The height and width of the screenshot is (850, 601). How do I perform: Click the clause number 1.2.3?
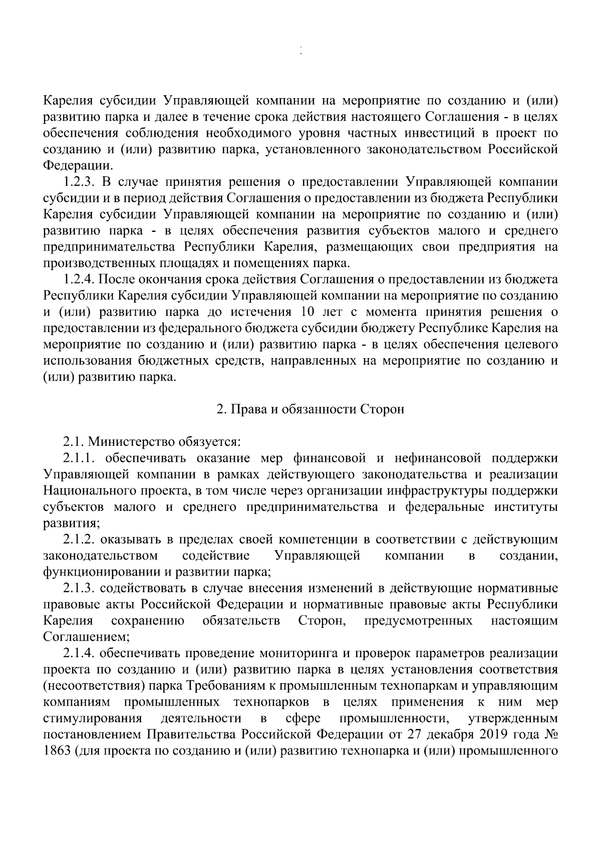pyautogui.click(x=81, y=181)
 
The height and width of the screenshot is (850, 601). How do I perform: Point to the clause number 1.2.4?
pyautogui.click(x=81, y=279)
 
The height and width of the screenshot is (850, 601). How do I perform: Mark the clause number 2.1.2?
pyautogui.click(x=81, y=539)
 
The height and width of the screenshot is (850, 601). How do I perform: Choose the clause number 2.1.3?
pyautogui.click(x=81, y=589)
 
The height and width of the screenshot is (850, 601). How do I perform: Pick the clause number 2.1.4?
pyautogui.click(x=81, y=654)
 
